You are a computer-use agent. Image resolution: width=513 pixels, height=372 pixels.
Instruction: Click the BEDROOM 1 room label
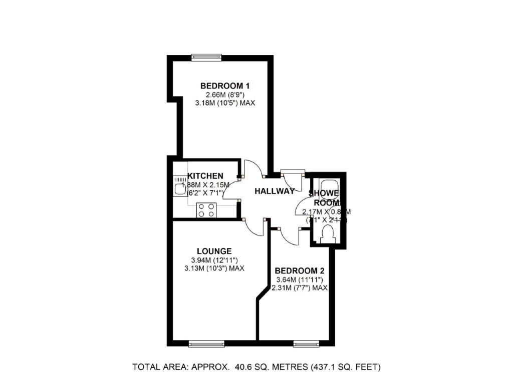coord(225,85)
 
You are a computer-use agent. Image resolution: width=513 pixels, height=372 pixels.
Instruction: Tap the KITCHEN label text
coord(205,176)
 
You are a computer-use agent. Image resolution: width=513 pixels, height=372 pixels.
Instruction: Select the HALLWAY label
coord(274,191)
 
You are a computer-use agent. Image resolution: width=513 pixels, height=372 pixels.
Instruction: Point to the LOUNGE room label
coord(214,251)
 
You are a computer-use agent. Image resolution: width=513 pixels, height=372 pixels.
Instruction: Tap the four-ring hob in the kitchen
coord(205,209)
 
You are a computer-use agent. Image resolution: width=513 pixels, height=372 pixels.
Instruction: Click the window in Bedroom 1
coord(207,57)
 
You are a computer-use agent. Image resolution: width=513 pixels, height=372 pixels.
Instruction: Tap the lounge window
coord(206,343)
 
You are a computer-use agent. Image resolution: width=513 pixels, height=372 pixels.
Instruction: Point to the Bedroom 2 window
coord(307,343)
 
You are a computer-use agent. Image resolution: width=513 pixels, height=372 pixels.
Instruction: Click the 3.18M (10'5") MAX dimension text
coord(225,103)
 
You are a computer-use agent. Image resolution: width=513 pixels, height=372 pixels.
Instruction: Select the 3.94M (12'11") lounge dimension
coord(214,260)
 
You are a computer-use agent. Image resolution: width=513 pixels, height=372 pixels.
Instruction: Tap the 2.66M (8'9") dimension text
coord(225,94)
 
